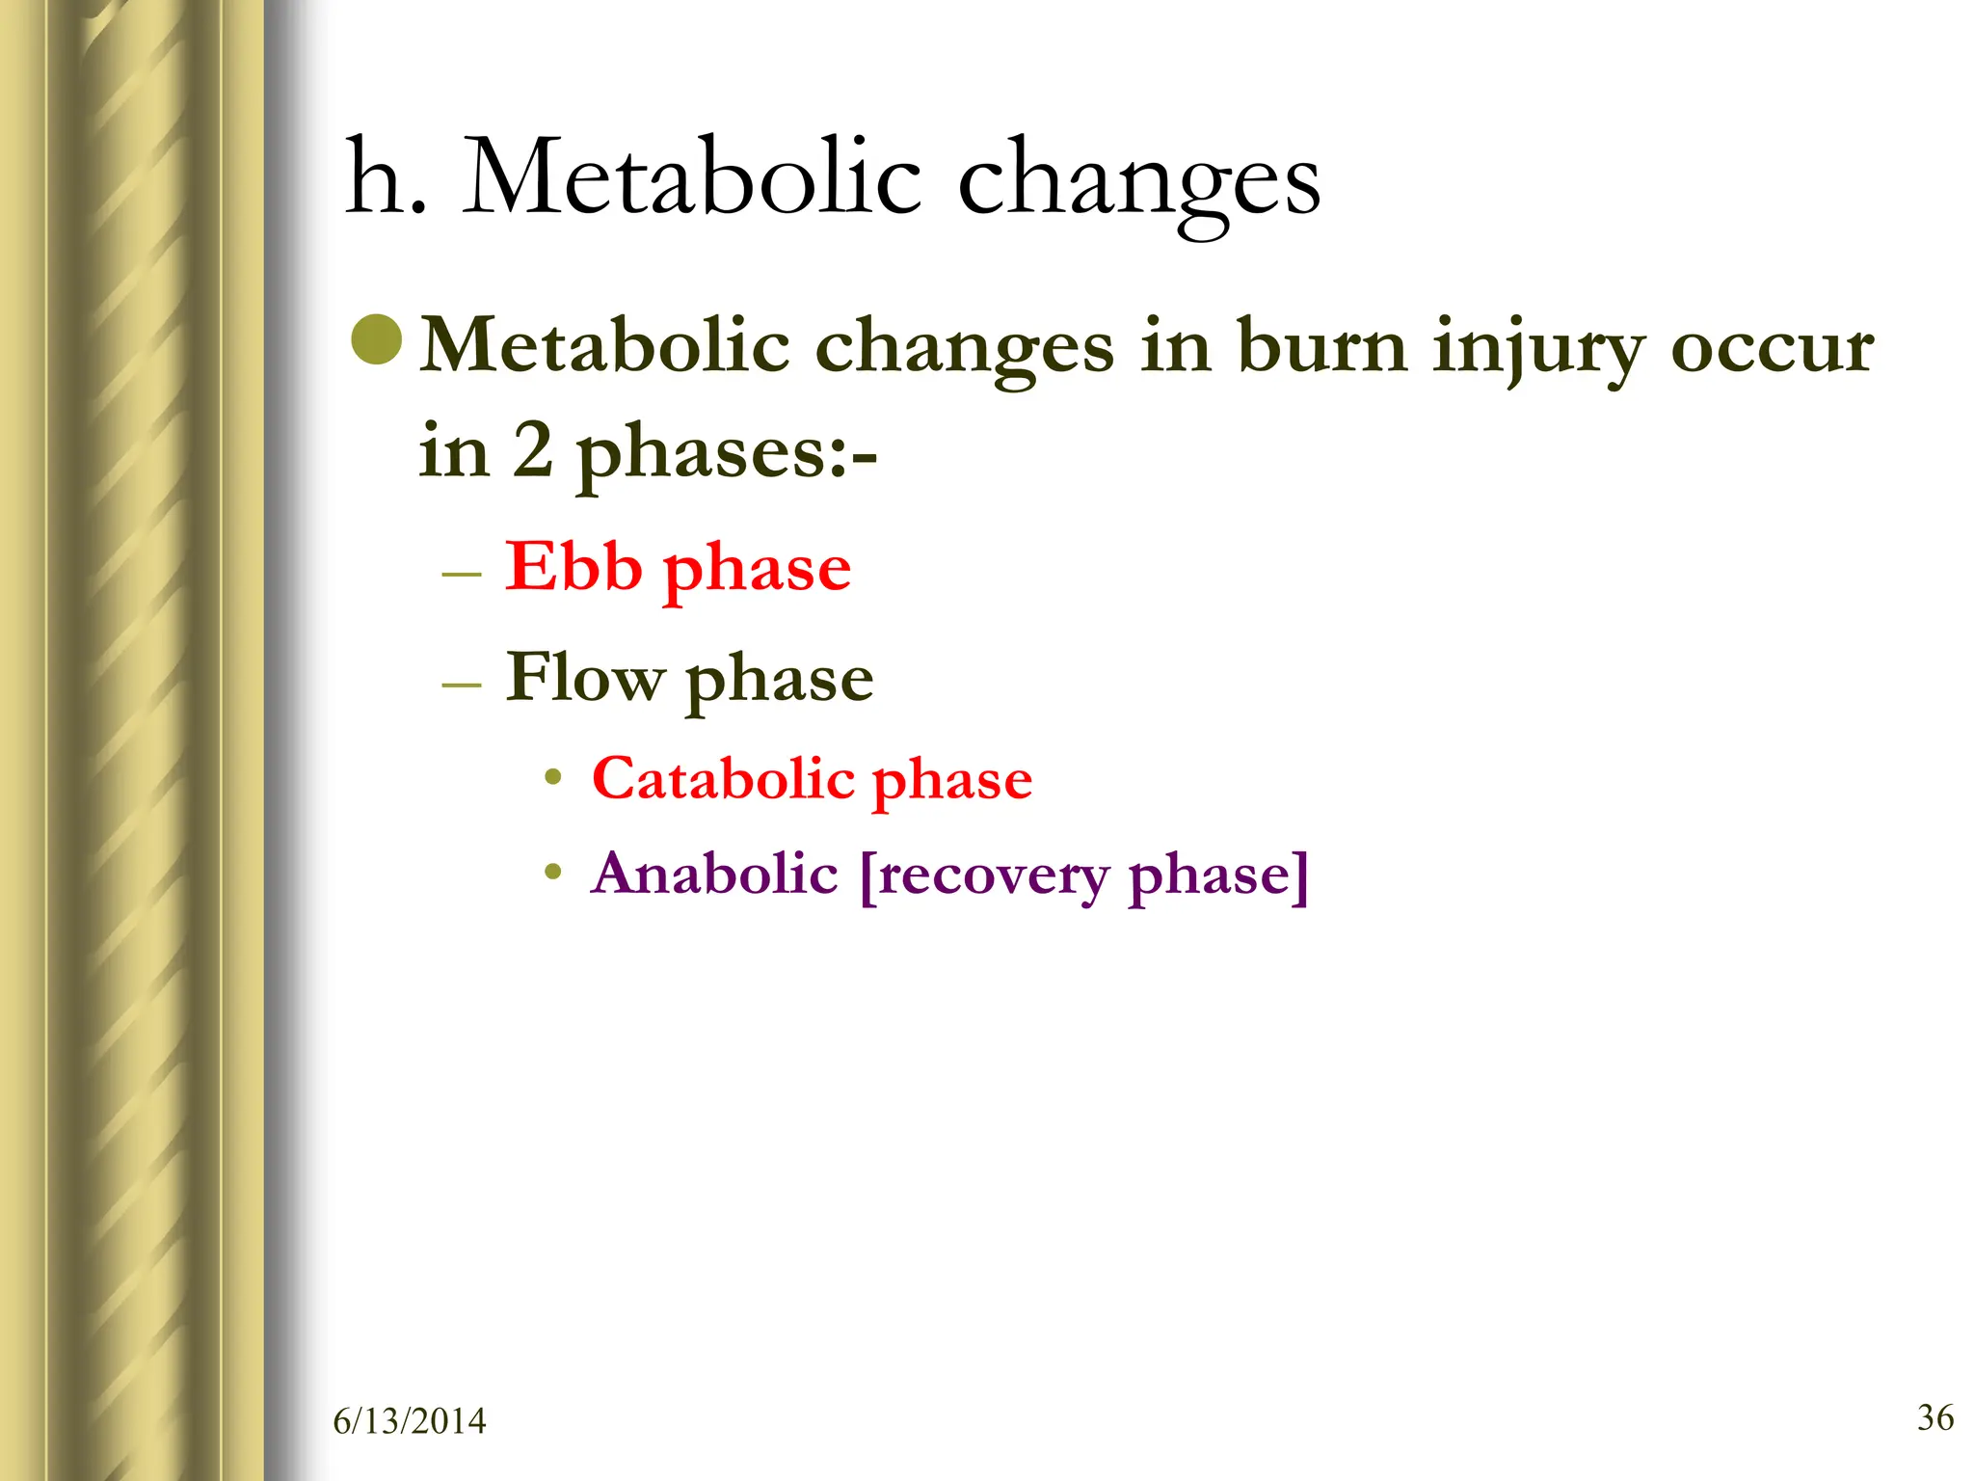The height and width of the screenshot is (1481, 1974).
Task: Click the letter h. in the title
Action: [385, 178]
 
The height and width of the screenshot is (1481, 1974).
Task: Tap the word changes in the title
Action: [1137, 183]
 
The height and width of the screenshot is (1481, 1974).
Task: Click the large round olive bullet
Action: [377, 339]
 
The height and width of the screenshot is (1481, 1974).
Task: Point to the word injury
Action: [1538, 349]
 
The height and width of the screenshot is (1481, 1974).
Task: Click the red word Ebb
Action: [573, 567]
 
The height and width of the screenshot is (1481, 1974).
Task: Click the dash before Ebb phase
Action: [461, 575]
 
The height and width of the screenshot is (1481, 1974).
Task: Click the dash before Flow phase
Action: [461, 686]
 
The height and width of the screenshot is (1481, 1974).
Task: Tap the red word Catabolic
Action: [723, 779]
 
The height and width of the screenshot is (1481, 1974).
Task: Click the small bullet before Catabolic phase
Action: [552, 777]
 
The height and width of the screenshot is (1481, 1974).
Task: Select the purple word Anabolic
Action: [714, 874]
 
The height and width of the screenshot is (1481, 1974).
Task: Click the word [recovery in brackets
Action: [983, 875]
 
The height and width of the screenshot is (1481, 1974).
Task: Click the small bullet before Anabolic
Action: [552, 873]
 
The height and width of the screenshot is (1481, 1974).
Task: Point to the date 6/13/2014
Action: [410, 1421]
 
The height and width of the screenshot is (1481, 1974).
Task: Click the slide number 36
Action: [1935, 1417]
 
